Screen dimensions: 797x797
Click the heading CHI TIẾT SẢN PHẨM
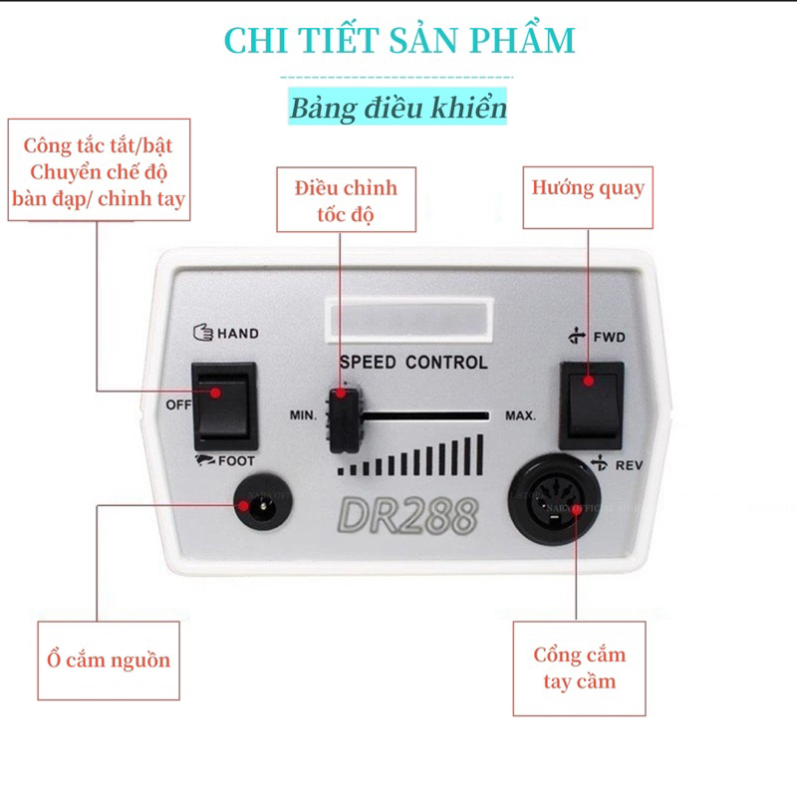click(398, 41)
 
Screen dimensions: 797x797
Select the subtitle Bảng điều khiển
click(398, 108)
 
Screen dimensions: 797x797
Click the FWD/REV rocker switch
click(591, 404)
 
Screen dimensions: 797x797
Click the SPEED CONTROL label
click(413, 363)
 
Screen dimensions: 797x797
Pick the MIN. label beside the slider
click(305, 414)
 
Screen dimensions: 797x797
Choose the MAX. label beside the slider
click(520, 414)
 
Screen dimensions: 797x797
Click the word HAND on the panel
click(237, 334)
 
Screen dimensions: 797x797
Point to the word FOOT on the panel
click(236, 461)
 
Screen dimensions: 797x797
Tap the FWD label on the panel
click(610, 337)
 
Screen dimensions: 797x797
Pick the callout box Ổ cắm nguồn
click(109, 660)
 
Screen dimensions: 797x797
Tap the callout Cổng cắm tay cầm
click(579, 668)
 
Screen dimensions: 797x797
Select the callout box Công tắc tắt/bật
click(100, 170)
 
